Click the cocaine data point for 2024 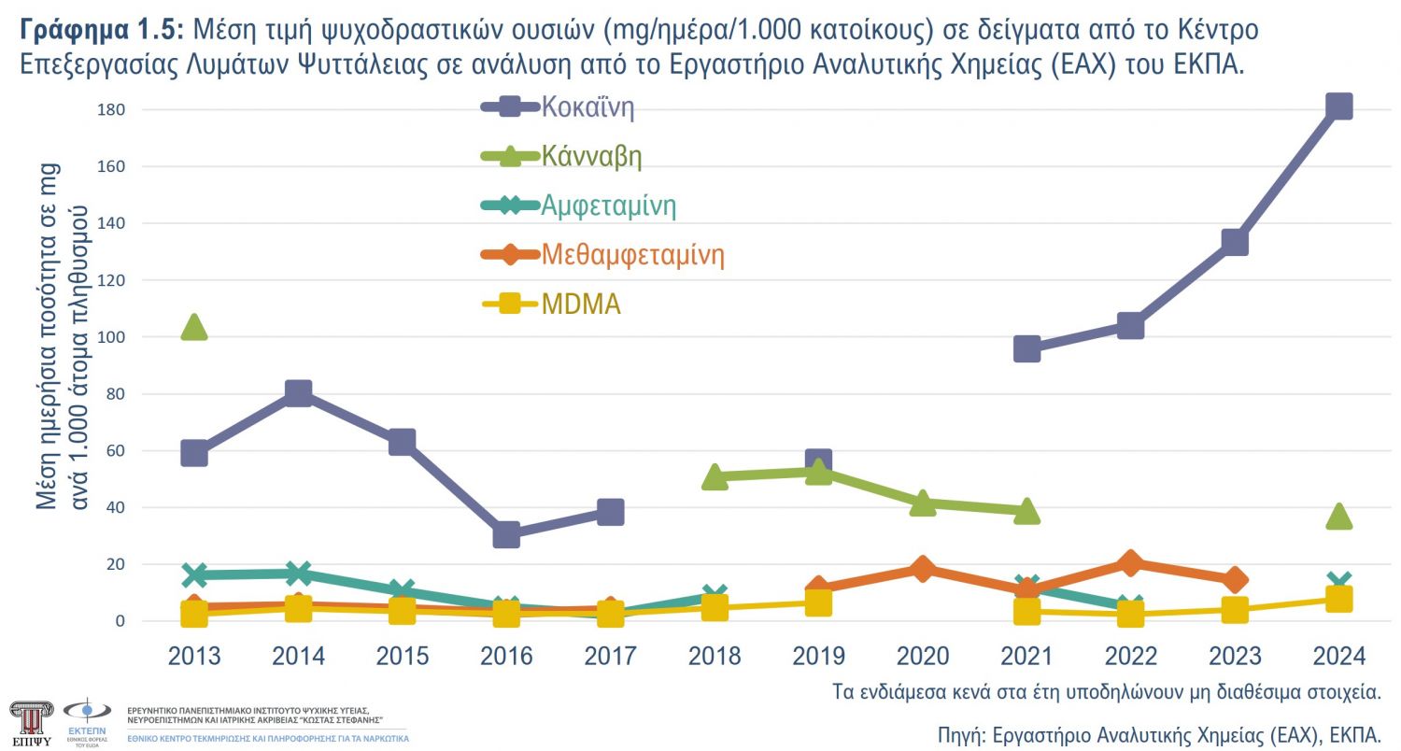point(1338,106)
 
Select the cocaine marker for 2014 point(298,393)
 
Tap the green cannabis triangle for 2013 point(193,327)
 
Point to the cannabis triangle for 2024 point(1338,516)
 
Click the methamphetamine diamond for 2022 point(1130,562)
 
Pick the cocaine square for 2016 point(506,534)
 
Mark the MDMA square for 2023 point(1235,610)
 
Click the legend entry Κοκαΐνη point(587,106)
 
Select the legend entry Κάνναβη point(591,156)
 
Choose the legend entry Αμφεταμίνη point(608,205)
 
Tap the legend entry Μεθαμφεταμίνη point(632,254)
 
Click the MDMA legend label point(581,304)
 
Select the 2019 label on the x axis point(818,656)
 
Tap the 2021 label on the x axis point(1026,656)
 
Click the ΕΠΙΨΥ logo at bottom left point(32,722)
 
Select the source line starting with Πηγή point(1158,731)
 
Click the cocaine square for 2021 point(1026,349)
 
